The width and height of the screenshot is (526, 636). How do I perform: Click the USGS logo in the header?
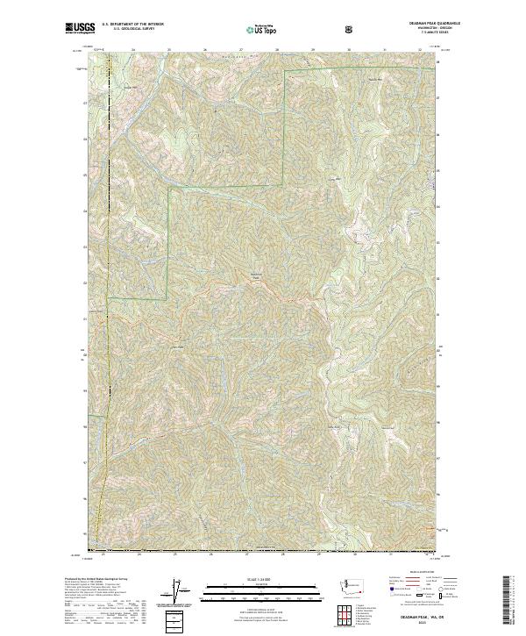(80, 28)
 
